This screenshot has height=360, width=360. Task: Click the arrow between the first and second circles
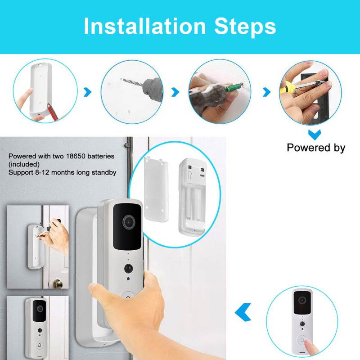87,92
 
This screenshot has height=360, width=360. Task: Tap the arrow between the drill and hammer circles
176,92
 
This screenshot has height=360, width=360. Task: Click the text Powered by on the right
316,148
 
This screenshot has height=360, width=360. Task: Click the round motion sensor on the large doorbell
129,268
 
